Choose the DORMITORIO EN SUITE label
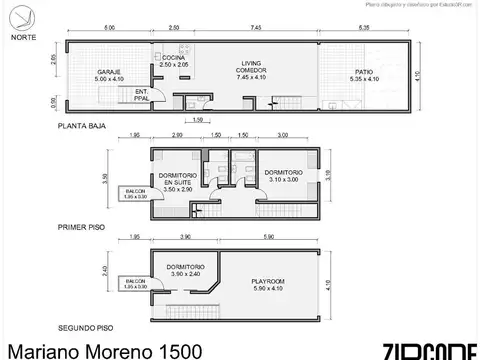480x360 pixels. [x=177, y=180]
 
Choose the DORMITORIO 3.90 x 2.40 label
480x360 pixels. [x=186, y=271]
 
